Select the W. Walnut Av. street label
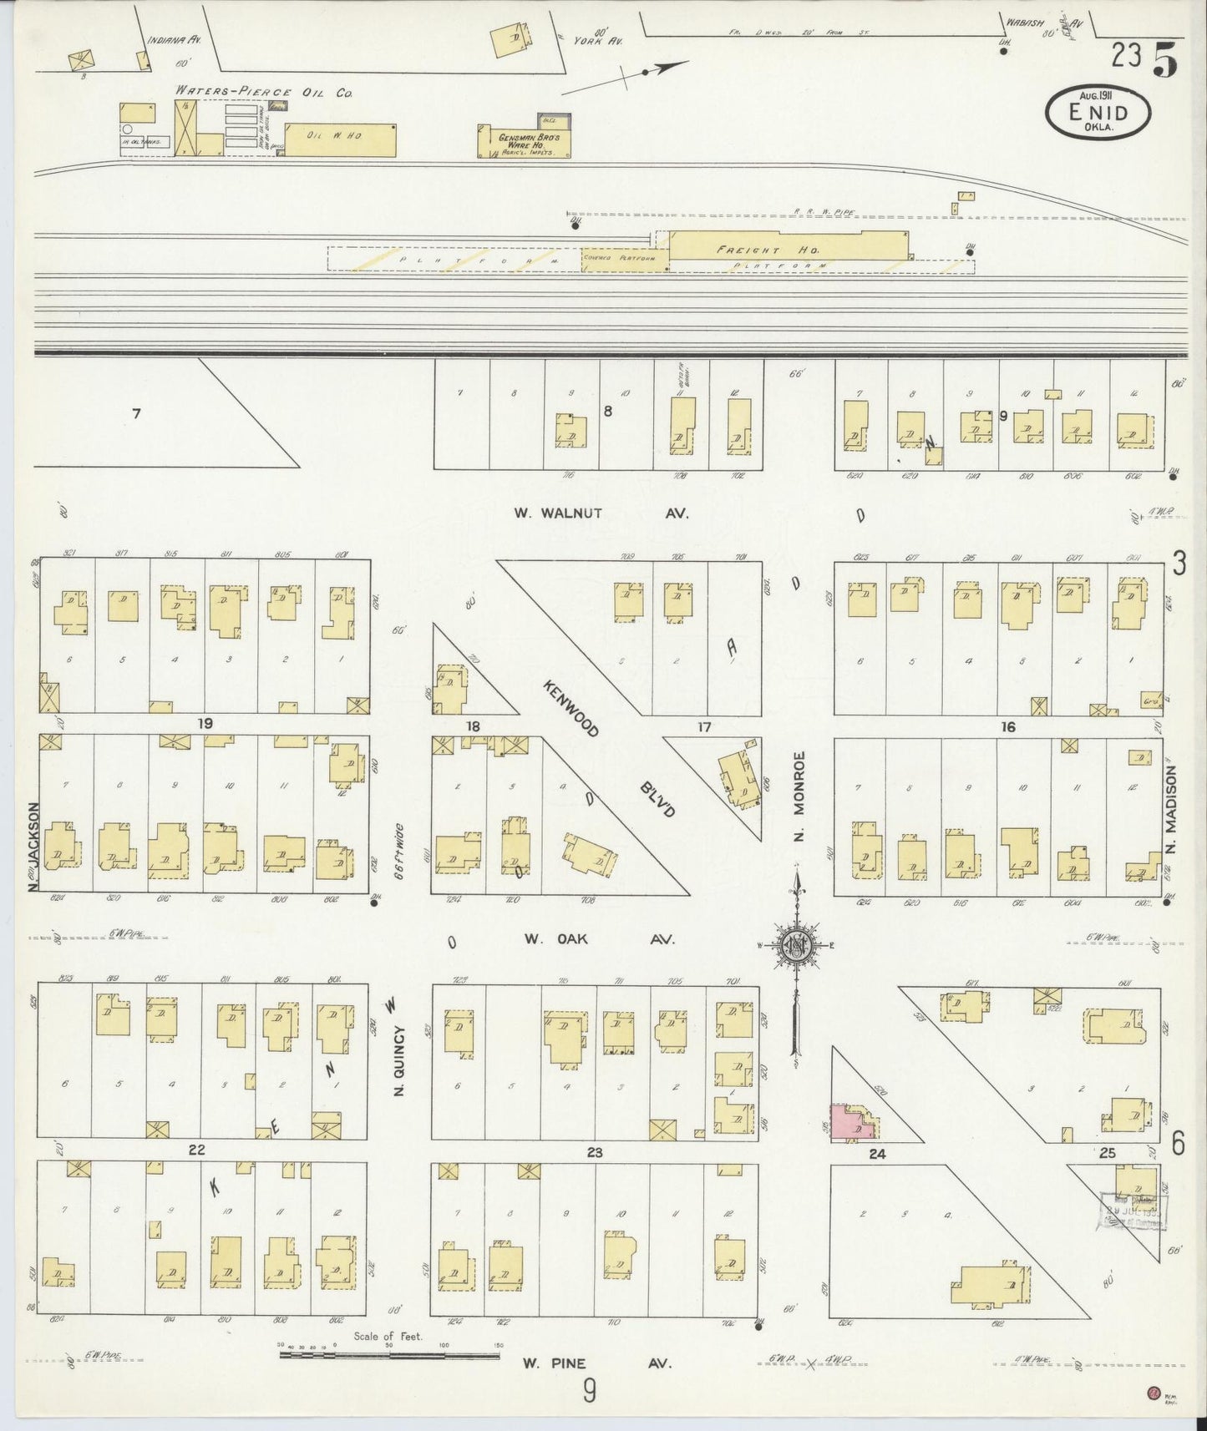[x=601, y=513]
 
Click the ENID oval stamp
[x=1097, y=113]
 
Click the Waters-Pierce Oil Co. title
[x=263, y=93]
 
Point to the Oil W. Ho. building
[x=339, y=139]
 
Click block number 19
[x=205, y=723]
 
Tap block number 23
[x=594, y=1152]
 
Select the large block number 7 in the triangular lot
[x=136, y=412]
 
